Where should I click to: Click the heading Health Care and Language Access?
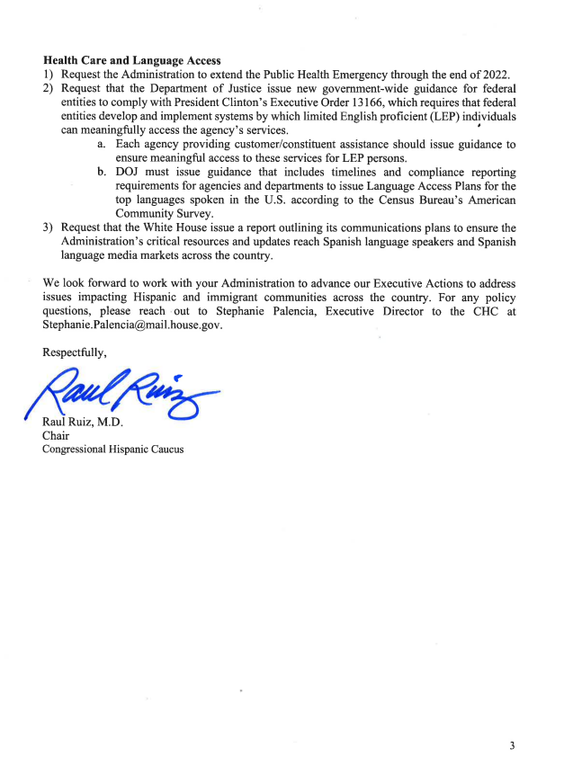point(131,60)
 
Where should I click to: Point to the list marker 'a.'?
point(103,144)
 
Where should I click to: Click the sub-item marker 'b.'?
point(103,172)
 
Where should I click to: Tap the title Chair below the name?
point(56,436)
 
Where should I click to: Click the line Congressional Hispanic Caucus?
point(112,450)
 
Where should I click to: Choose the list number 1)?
point(49,74)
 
